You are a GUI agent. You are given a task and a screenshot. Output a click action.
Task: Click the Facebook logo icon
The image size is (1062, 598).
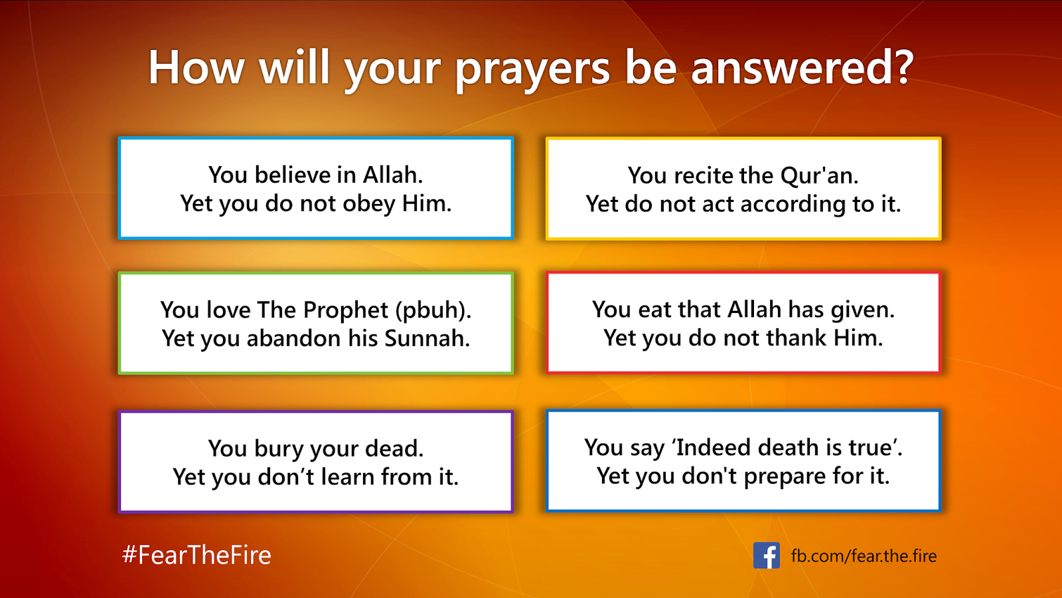pos(766,555)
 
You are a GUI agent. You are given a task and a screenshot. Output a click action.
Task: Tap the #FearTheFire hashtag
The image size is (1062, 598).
pos(196,555)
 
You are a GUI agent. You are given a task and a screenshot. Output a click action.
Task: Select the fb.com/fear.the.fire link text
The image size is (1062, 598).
pos(864,555)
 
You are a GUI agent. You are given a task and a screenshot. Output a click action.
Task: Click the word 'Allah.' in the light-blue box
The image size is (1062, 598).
pos(393,175)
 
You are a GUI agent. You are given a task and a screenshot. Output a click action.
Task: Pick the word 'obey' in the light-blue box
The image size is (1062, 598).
pos(369,204)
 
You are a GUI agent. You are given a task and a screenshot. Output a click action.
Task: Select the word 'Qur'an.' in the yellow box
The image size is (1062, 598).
pos(820,175)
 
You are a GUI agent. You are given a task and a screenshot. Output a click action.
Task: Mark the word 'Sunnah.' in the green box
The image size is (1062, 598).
pos(427,338)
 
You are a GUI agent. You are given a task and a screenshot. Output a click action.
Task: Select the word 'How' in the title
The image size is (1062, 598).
pos(196,67)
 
